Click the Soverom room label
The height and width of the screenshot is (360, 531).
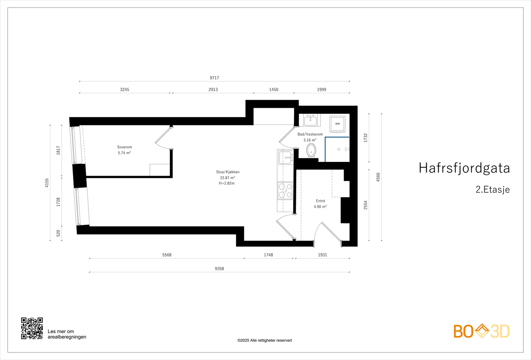coord(124,147)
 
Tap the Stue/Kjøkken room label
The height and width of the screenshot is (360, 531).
coord(228,172)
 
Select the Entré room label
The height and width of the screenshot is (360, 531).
coord(321,201)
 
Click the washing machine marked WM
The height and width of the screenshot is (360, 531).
coord(337,124)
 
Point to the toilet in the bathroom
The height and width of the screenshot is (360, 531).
coord(311,150)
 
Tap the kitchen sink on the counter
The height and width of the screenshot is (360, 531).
coord(285,157)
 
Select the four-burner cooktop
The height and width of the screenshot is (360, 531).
coord(285,190)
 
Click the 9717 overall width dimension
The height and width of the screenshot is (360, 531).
coord(214,78)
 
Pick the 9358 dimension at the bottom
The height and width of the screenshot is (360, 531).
coord(219,269)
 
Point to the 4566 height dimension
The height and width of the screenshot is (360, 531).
coord(378,177)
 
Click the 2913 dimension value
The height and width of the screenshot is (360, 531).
coord(213,90)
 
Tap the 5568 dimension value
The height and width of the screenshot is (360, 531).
coord(167,255)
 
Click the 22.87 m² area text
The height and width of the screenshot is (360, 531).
coord(228,178)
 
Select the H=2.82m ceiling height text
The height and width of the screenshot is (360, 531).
coord(227,183)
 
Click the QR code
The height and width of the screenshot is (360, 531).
coord(32,328)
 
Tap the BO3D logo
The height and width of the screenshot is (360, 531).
coord(481,331)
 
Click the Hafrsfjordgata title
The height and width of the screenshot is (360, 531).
coord(464,168)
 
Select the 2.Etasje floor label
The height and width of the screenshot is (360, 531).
coord(493,189)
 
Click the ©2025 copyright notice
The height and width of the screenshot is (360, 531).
coord(265,340)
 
